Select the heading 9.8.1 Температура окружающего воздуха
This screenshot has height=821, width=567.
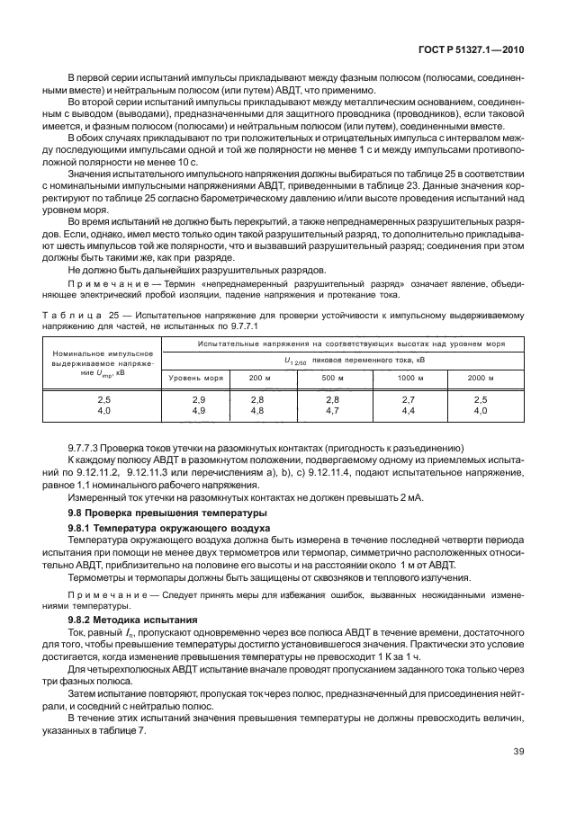(x=157, y=527)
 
